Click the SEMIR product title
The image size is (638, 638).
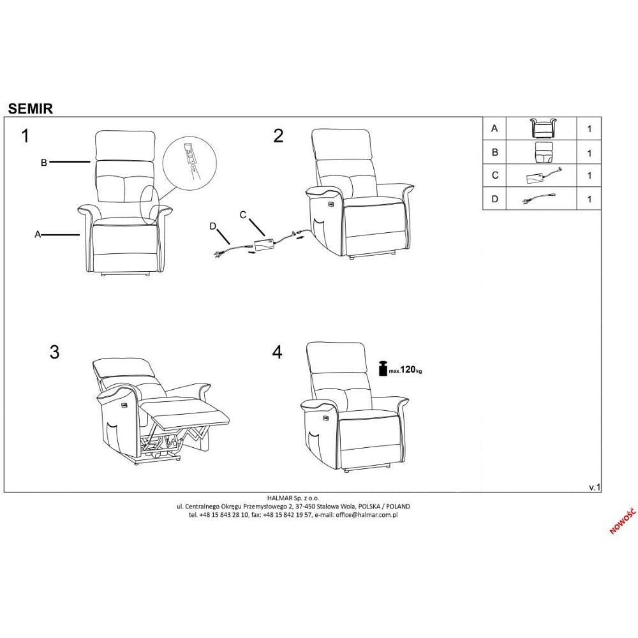[31, 108]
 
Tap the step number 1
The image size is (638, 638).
[26, 136]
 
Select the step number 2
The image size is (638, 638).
[278, 136]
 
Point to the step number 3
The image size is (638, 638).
[54, 352]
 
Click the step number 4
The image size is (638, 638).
[277, 352]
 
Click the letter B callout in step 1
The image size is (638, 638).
[44, 162]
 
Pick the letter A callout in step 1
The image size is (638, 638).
[38, 234]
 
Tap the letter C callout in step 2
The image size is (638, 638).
[243, 215]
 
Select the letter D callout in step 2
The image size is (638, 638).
[213, 226]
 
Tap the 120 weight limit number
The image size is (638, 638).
[408, 369]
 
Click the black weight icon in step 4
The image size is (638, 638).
[383, 368]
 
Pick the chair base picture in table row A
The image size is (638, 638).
[543, 128]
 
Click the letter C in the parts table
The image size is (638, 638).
[495, 175]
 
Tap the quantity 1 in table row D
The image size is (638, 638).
[589, 199]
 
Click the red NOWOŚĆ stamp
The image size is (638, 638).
[623, 521]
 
